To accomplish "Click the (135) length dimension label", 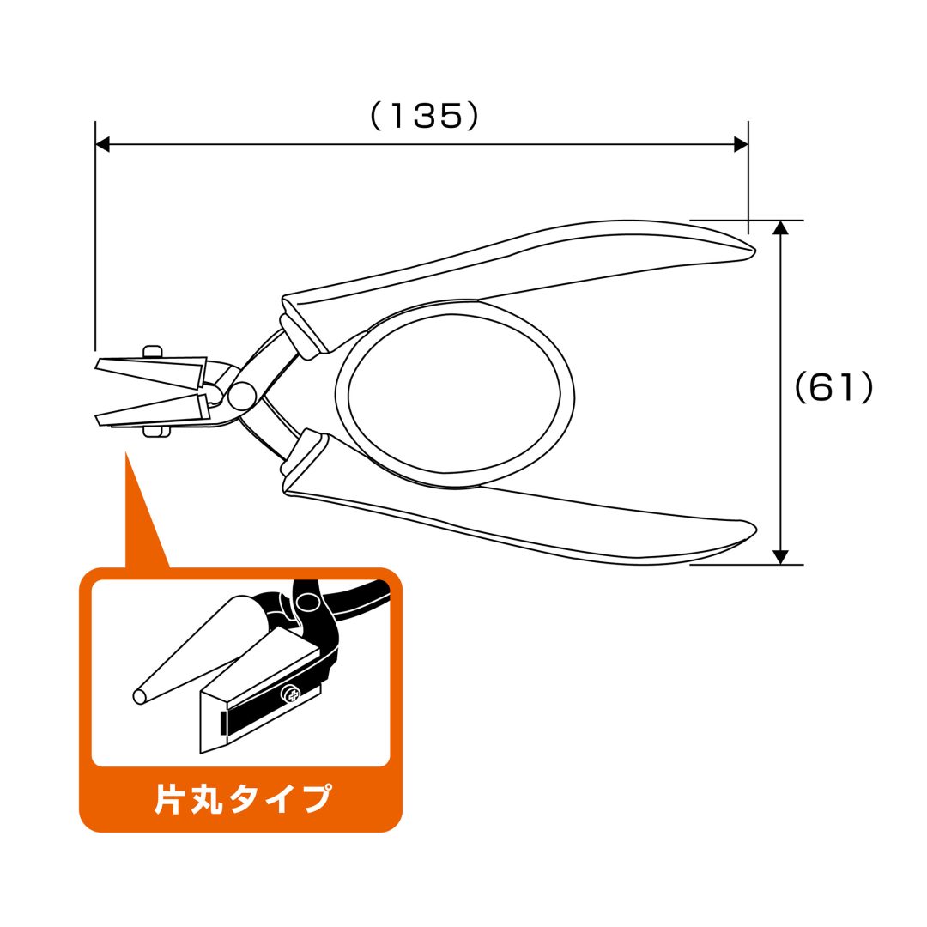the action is click(x=424, y=116).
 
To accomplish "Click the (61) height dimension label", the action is click(x=833, y=388).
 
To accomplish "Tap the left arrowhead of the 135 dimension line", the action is click(x=102, y=143).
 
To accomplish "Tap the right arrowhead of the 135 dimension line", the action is click(x=741, y=143).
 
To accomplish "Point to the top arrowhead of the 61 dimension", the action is click(x=781, y=227).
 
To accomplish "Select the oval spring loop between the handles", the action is click(x=454, y=394).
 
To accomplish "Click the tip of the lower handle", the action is click(x=754, y=530).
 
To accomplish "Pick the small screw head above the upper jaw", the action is click(x=153, y=352).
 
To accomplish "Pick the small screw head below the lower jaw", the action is click(x=157, y=432).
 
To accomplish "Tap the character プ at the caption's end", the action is click(x=315, y=798).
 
